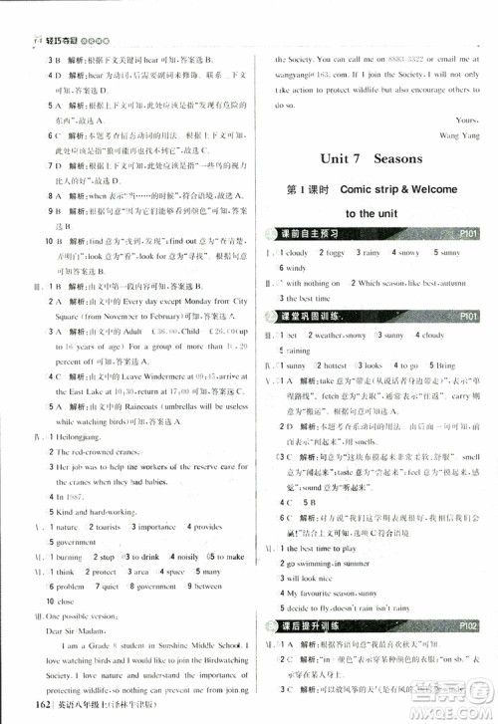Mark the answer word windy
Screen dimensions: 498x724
click(295, 268)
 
